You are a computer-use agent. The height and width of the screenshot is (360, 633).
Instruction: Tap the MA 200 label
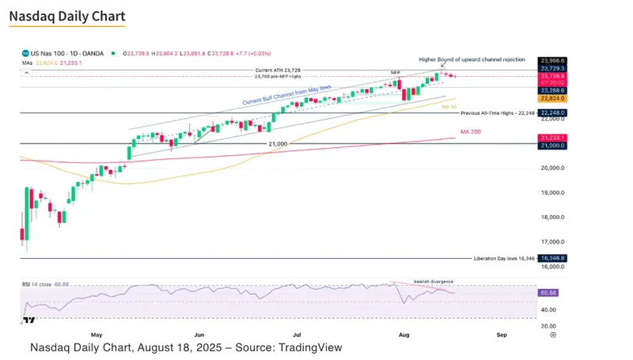(x=472, y=131)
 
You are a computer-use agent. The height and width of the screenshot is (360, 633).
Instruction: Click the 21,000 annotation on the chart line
(x=277, y=143)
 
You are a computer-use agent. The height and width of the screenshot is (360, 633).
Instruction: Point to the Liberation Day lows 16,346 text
(x=504, y=259)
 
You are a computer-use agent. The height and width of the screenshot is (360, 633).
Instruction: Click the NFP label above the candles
(x=396, y=72)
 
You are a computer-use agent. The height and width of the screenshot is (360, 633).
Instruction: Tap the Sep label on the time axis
(x=502, y=335)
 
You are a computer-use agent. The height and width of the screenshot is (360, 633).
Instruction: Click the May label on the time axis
(x=97, y=335)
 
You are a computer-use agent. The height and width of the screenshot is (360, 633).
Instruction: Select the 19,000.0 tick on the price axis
(x=552, y=192)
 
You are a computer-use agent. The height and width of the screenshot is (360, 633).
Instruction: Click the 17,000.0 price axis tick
(x=552, y=242)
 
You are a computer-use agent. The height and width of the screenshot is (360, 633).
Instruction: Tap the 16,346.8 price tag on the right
(x=552, y=258)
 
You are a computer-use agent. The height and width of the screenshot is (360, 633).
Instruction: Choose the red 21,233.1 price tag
(x=552, y=137)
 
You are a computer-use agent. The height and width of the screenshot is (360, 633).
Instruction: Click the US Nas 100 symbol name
(x=49, y=53)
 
